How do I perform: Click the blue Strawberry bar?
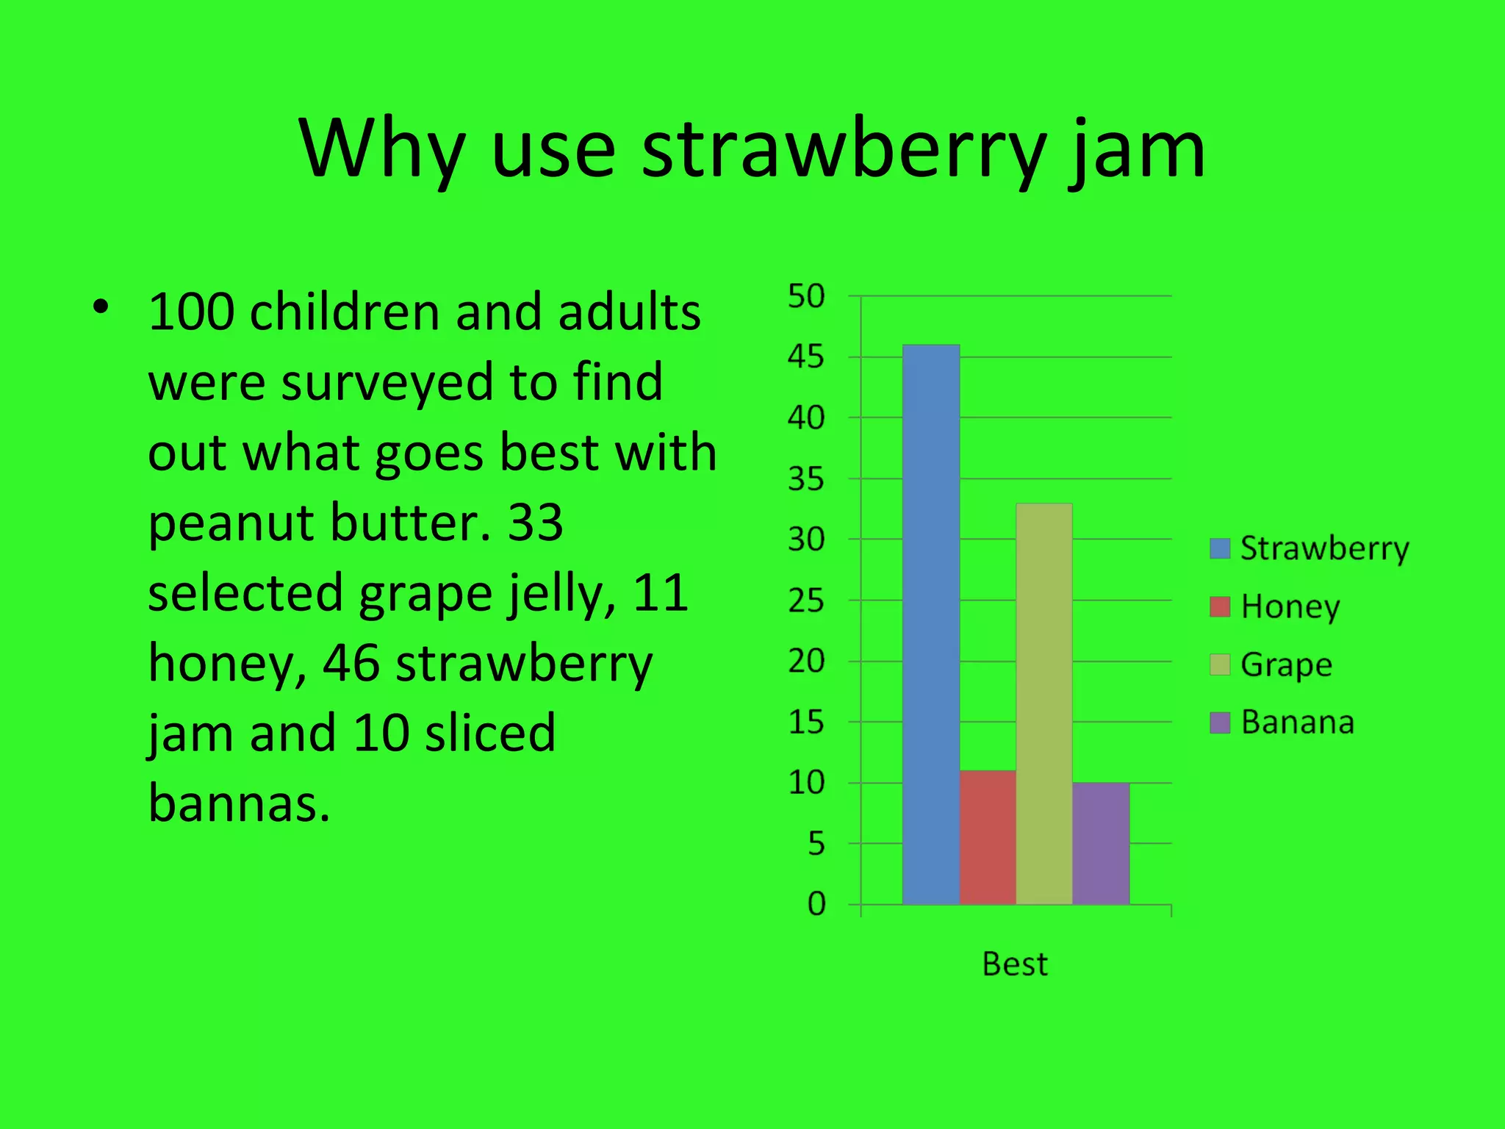930,625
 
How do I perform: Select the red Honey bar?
988,837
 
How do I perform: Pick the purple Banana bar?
1101,843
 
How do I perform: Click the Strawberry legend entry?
1310,549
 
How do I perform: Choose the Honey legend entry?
1276,607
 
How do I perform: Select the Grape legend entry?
1272,665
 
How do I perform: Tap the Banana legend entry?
1283,723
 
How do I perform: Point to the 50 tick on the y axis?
806,296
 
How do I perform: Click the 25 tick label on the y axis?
806,601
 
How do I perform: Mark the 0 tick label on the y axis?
816,904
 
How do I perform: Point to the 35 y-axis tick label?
806,479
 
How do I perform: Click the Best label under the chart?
1015,964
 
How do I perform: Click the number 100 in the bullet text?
191,312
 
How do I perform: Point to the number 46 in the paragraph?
351,663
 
